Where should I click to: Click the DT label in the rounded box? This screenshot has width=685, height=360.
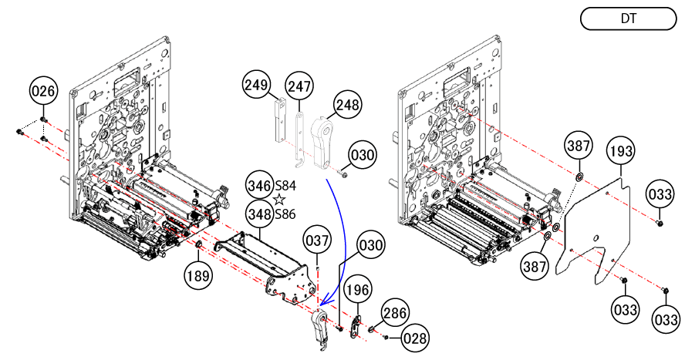[628, 19]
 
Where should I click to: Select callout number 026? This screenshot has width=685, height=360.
[43, 91]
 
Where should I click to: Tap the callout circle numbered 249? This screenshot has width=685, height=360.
[256, 84]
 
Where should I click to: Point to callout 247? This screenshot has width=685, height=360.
[299, 86]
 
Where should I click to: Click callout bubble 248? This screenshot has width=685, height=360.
[347, 104]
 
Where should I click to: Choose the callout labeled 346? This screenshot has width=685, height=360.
[259, 186]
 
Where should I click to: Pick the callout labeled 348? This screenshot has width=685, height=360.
[259, 214]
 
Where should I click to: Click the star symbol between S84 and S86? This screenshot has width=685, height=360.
[279, 200]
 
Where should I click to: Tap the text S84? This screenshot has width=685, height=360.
[285, 186]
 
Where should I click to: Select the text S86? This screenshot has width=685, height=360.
[285, 214]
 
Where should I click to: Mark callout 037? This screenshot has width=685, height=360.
[317, 240]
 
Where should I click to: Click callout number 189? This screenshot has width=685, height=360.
[198, 276]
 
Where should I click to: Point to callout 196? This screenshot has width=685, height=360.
[358, 290]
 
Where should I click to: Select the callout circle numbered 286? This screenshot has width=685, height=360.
[394, 312]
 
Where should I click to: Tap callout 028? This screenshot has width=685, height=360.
[414, 338]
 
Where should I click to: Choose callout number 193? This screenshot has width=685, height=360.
[621, 150]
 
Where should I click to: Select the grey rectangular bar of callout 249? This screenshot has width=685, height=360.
[279, 120]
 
